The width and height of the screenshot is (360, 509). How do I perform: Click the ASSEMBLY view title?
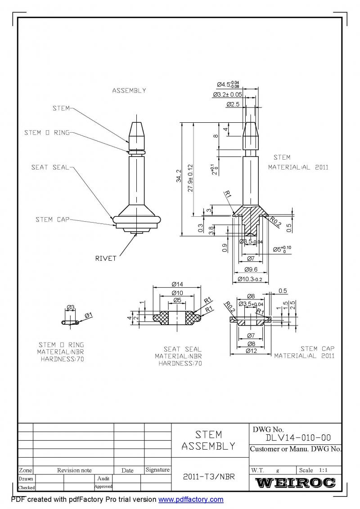(x=129, y=90)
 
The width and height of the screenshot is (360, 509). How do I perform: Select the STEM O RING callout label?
(x=47, y=133)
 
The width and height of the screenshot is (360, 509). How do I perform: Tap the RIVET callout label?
(x=106, y=258)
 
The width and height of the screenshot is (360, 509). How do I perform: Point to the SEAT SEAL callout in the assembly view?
(x=50, y=167)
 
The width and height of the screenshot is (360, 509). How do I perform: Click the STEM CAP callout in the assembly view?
(x=53, y=219)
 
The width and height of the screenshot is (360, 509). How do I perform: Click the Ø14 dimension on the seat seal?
(x=176, y=284)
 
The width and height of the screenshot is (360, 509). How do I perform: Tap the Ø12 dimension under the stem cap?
(x=251, y=351)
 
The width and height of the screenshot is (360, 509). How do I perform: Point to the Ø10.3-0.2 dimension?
(x=250, y=280)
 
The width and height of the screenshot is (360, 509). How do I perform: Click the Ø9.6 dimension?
(x=251, y=270)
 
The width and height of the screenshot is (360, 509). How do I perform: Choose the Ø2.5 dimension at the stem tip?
(x=233, y=104)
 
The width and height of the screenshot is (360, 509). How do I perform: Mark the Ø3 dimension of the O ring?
(x=71, y=308)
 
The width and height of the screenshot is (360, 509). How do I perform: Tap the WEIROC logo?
(x=295, y=483)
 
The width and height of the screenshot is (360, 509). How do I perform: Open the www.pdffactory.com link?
(x=191, y=499)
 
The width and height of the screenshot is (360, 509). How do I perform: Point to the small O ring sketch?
(x=69, y=322)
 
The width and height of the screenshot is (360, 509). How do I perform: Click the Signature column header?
(x=157, y=470)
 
